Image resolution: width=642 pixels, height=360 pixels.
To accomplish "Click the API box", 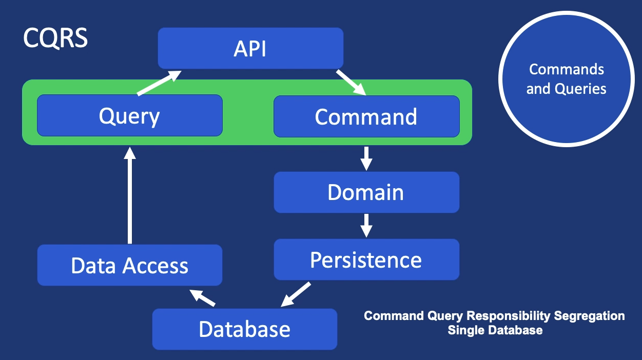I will click(250, 48).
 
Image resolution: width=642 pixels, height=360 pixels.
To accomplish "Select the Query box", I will click(129, 116).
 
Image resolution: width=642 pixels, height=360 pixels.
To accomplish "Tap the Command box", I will click(366, 116).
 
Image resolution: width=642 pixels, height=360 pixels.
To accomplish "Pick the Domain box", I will click(366, 192).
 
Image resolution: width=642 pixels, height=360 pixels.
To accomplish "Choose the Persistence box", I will click(366, 259).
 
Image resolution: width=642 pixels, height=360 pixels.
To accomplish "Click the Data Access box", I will click(129, 265).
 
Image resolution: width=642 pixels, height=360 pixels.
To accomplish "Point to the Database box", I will click(244, 329).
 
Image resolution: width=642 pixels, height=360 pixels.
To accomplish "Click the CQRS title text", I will click(55, 39).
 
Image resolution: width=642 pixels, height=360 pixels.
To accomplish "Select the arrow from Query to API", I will click(159, 83).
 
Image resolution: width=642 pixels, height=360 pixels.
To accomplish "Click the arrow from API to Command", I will click(351, 82).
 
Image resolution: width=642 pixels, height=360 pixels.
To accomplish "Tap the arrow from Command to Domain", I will click(366, 158).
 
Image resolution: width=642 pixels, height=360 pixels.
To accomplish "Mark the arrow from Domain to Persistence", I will click(366, 226).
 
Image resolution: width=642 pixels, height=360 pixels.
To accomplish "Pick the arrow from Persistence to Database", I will click(296, 294).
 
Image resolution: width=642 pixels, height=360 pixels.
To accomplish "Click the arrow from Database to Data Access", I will click(203, 297).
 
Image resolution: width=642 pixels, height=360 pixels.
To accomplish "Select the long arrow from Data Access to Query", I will click(129, 195).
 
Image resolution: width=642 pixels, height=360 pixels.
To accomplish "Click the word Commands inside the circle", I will click(567, 69).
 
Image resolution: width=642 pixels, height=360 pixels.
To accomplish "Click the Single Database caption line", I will click(495, 330).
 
